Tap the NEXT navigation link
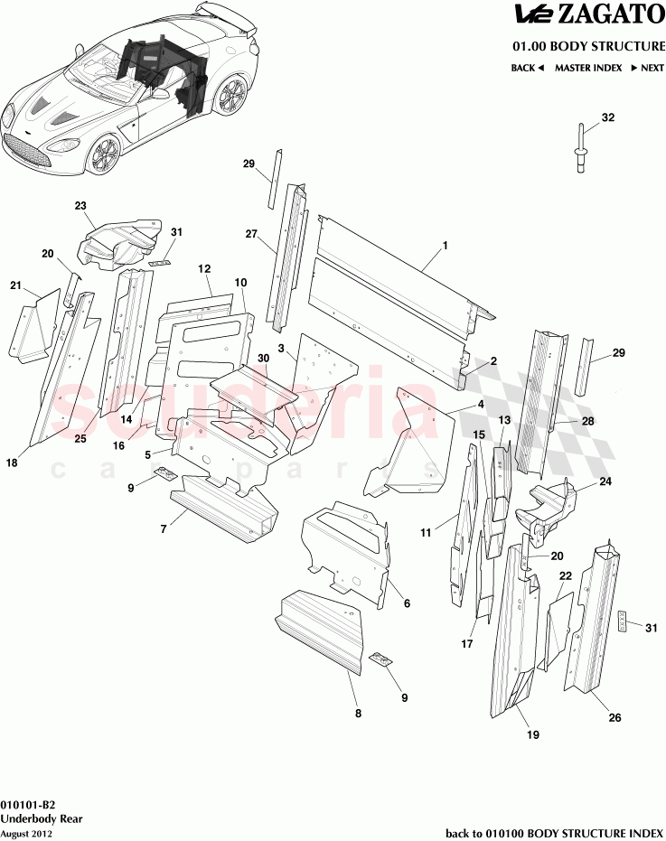647,68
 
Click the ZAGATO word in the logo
611,15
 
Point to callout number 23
80,207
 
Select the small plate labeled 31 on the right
624,622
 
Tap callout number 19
532,735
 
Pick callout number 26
614,719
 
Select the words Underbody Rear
39,818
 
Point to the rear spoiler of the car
226,14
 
